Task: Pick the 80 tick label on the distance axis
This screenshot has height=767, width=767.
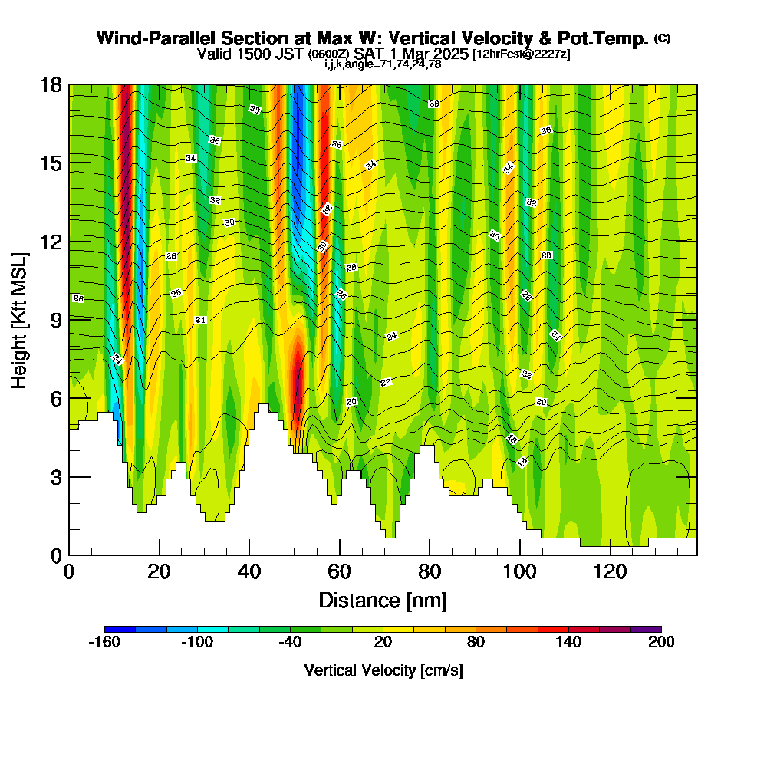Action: click(430, 571)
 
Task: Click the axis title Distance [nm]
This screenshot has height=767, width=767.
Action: click(383, 600)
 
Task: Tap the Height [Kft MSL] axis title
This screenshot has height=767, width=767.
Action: click(19, 319)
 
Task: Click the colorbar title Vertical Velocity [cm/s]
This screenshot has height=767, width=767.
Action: click(383, 670)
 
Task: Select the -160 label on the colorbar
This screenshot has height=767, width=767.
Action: click(104, 643)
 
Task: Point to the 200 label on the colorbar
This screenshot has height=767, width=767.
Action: click(661, 643)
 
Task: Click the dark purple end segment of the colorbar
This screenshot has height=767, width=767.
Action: click(646, 629)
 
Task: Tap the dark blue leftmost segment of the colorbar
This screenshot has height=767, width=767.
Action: click(120, 629)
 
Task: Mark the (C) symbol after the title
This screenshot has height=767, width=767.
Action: click(662, 38)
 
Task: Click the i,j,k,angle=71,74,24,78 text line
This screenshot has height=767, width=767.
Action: click(383, 64)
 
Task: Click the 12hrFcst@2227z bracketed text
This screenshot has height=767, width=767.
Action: click(521, 54)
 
